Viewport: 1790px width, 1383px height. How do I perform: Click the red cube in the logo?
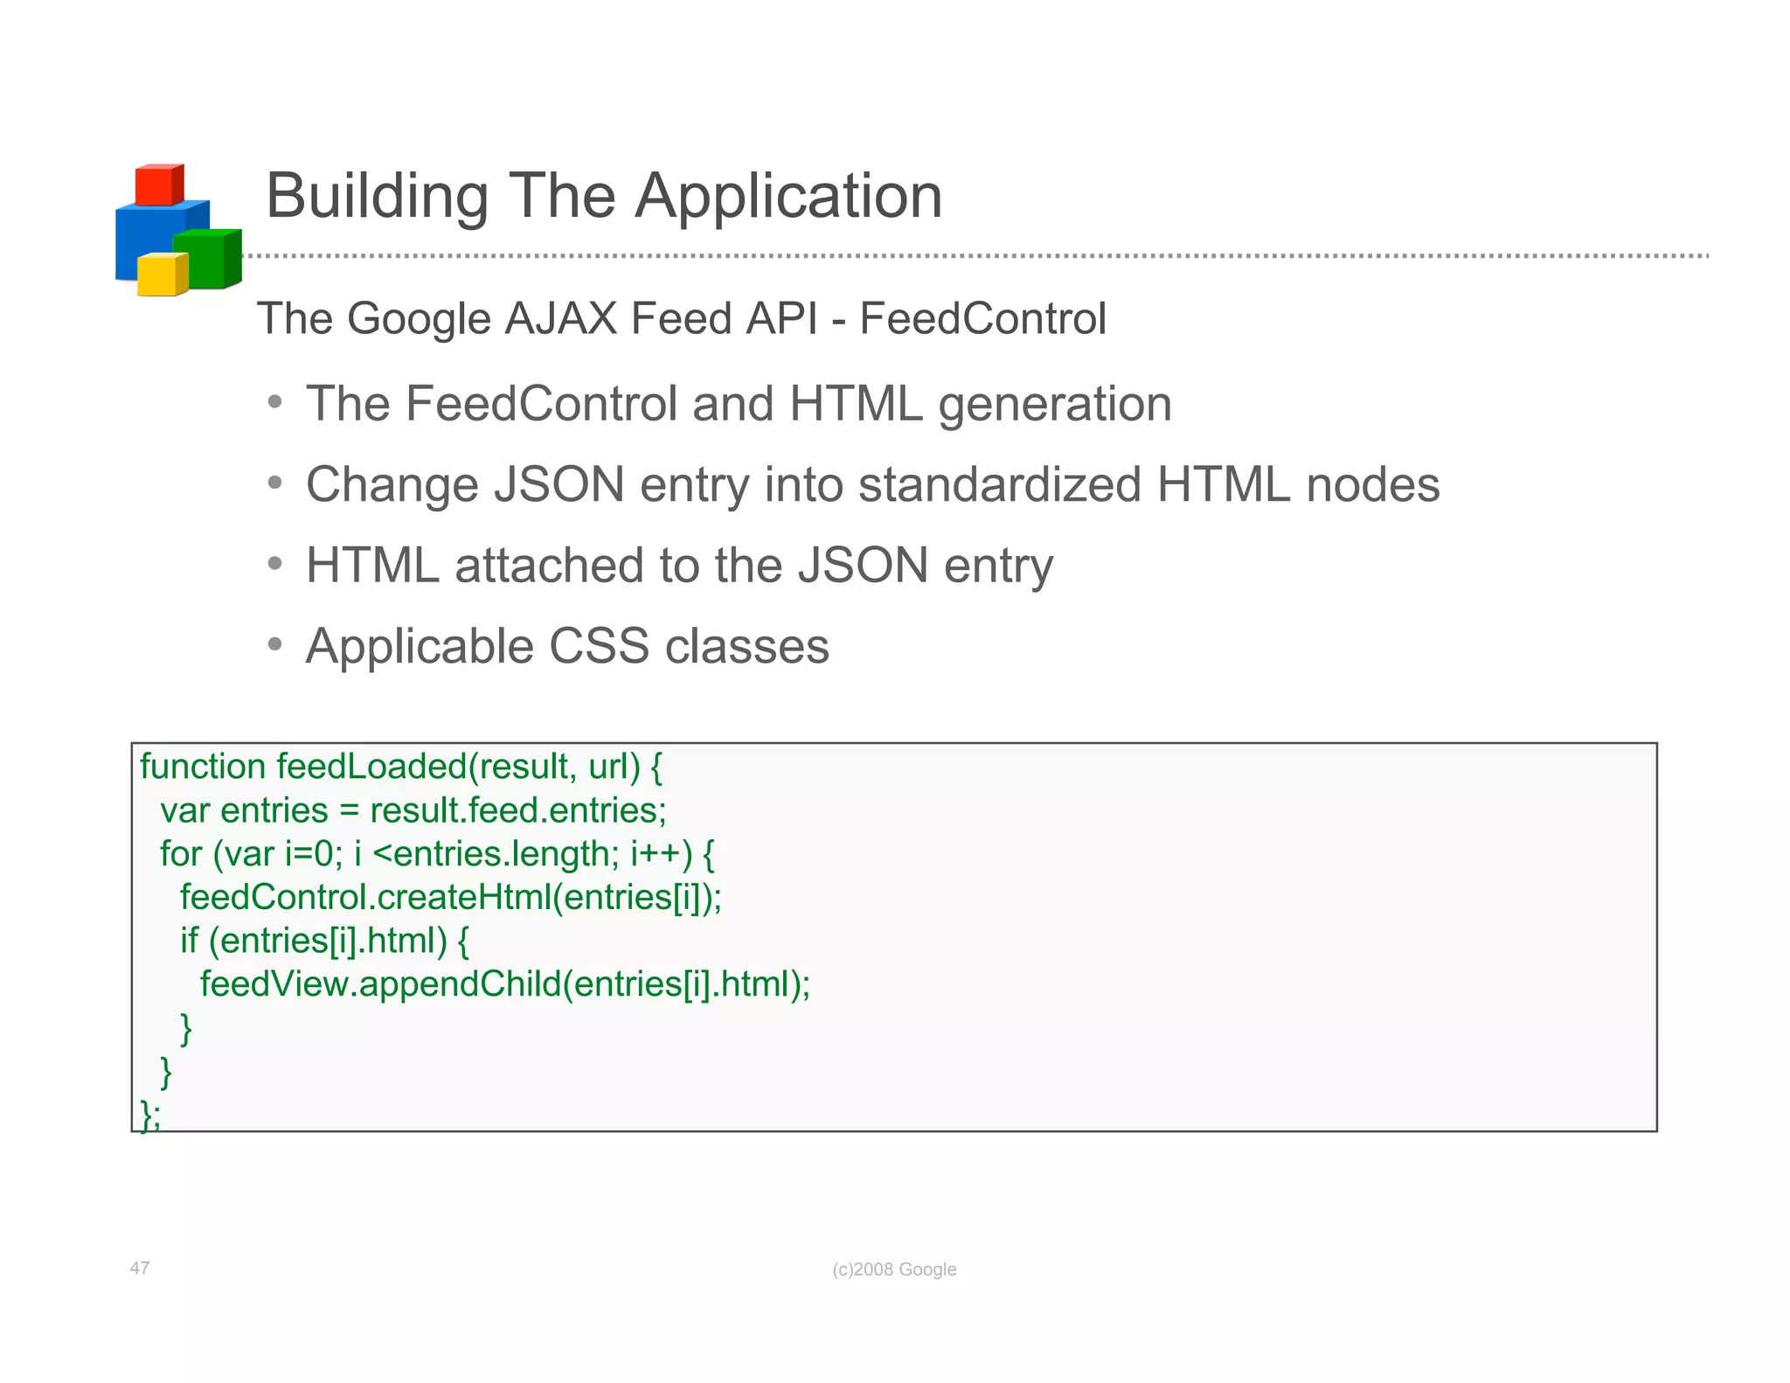pyautogui.click(x=159, y=185)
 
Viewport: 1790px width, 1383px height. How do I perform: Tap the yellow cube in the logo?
pyautogui.click(x=162, y=275)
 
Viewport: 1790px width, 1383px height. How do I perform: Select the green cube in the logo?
pyautogui.click(x=206, y=260)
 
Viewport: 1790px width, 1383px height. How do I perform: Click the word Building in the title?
pyautogui.click(x=377, y=196)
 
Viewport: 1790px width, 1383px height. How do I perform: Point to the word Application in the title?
pyautogui.click(x=788, y=198)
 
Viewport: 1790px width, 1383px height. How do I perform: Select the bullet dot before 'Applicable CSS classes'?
pyautogui.click(x=275, y=645)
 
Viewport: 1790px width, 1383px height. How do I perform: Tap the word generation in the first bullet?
pyautogui.click(x=1054, y=405)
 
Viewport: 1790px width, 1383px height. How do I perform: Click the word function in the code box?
pyautogui.click(x=203, y=767)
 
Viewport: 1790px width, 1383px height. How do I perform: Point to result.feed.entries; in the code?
pyautogui.click(x=518, y=810)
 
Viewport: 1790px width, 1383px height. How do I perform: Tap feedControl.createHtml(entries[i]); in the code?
pyautogui.click(x=451, y=897)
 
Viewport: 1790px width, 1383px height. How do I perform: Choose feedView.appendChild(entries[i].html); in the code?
pyautogui.click(x=505, y=984)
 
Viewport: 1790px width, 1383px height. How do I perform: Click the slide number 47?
pyautogui.click(x=140, y=1268)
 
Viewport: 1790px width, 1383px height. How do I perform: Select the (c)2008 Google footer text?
pyautogui.click(x=894, y=1269)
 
